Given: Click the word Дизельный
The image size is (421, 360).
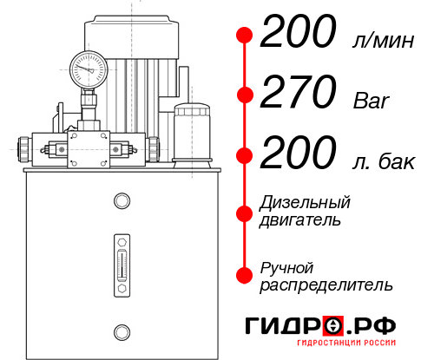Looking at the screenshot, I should coord(306,203).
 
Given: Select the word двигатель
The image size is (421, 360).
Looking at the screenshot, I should coord(300,219).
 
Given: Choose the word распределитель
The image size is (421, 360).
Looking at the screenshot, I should coord(326,284).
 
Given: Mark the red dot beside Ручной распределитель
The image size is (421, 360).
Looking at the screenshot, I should coord(245,275).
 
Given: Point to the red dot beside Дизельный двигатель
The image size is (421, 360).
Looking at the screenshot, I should coord(245,211).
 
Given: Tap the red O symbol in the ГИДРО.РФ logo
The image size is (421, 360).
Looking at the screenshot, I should coord(333,326).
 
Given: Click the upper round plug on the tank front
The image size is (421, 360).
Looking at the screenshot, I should coord(121,201).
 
